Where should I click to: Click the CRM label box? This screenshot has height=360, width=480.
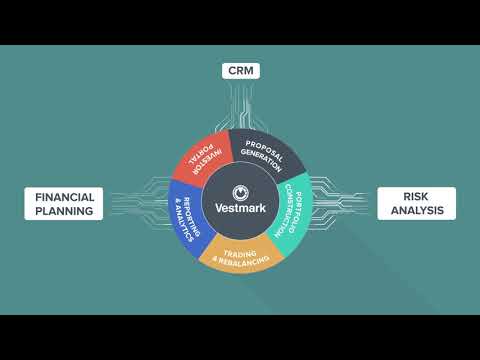coord(241,71)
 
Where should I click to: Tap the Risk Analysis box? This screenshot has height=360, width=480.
coord(416,203)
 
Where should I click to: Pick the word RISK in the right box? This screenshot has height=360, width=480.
coord(416,196)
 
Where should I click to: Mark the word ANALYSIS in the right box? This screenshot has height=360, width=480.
coord(416,211)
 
